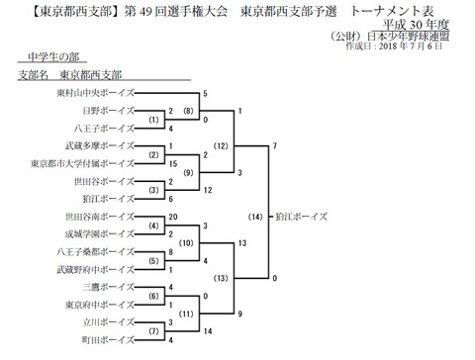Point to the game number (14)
point(255,215)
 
